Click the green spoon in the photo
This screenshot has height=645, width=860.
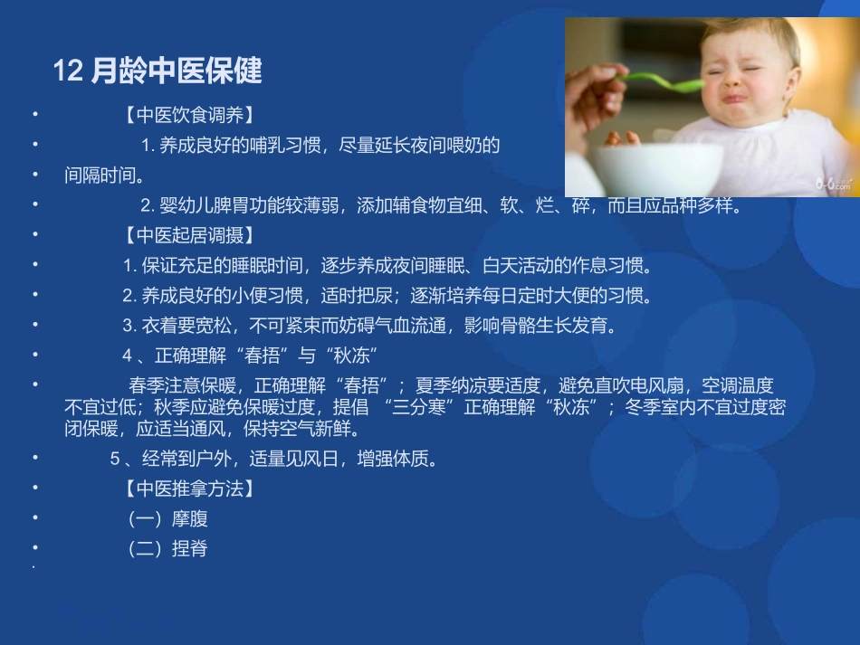click(x=665, y=82)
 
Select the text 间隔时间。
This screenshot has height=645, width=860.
click(x=105, y=174)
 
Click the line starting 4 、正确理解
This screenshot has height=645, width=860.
click(x=249, y=354)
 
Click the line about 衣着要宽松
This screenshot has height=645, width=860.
click(x=371, y=325)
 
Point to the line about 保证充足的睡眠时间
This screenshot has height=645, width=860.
click(x=387, y=266)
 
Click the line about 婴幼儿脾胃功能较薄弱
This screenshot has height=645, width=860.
click(x=441, y=205)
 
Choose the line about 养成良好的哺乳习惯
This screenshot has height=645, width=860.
click(x=320, y=145)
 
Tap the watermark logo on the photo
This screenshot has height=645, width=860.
click(x=834, y=184)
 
